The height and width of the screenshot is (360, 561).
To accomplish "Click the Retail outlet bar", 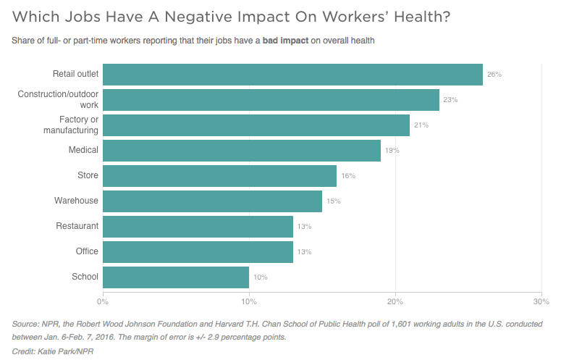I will click(x=292, y=75).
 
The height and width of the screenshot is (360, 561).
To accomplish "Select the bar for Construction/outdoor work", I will click(x=271, y=100).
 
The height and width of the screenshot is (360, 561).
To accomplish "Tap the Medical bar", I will click(x=242, y=151).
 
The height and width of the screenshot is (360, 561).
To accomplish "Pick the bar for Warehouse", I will click(x=212, y=201).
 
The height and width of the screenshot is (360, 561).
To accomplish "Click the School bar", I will click(x=176, y=277).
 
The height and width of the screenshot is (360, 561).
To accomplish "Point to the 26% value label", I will click(x=494, y=75).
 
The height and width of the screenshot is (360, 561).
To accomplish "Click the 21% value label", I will click(x=421, y=125).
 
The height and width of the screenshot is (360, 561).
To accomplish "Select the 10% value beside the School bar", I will click(x=261, y=277).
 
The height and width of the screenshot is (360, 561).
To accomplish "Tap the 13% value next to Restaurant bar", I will click(x=304, y=227).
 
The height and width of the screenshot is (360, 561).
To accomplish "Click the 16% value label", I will click(x=348, y=176).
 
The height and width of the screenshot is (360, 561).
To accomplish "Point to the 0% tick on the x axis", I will click(x=103, y=301).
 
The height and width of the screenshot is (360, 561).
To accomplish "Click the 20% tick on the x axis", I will click(x=395, y=301).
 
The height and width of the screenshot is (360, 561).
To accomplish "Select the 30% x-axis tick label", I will click(x=541, y=301).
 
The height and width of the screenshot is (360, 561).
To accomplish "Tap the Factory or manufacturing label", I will click(x=78, y=125).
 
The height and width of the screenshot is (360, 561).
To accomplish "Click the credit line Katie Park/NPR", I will click(x=54, y=351).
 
